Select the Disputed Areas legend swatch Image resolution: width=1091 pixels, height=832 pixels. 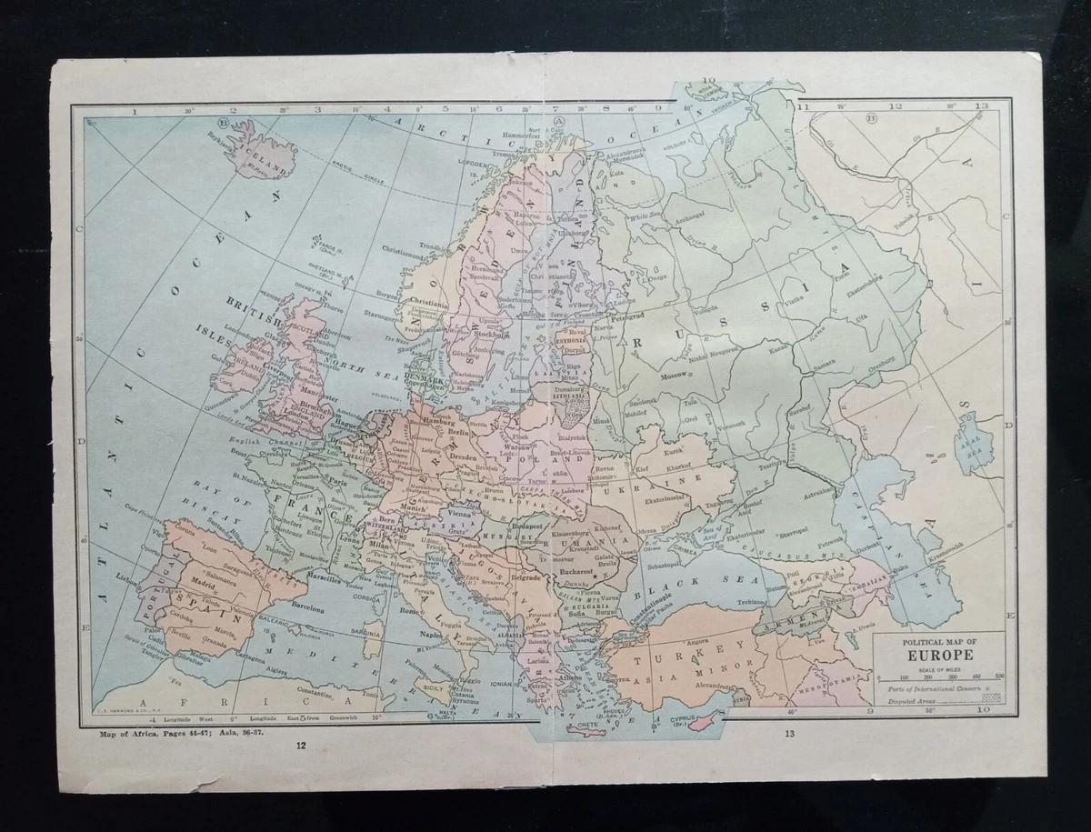tap(992, 697)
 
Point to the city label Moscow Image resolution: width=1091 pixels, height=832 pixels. tap(674, 375)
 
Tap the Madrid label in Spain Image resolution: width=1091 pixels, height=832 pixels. tap(200, 576)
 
